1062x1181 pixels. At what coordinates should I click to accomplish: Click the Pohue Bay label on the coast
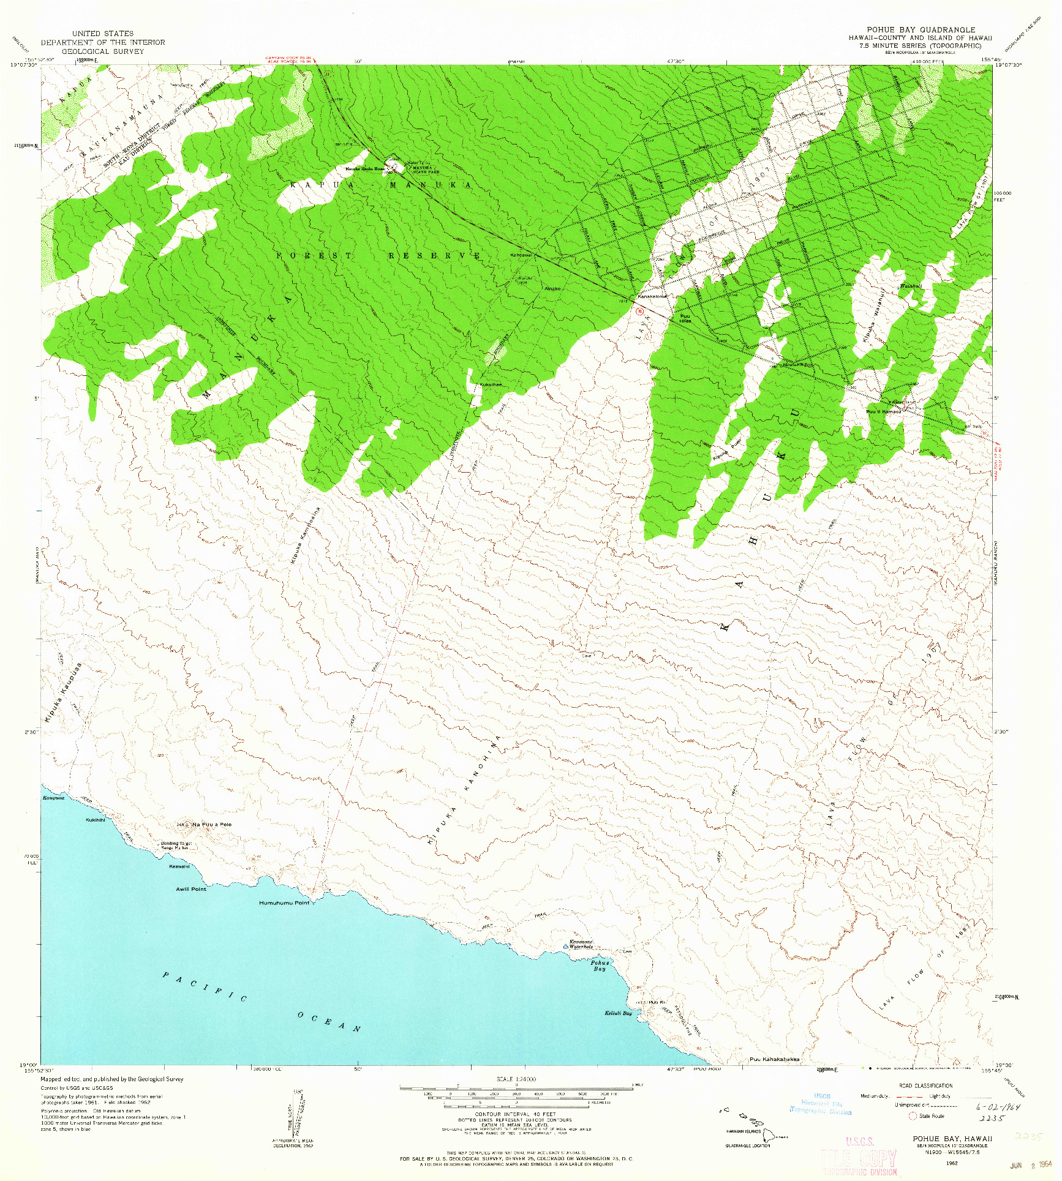coord(600,965)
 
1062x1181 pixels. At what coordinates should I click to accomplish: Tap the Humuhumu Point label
coord(284,903)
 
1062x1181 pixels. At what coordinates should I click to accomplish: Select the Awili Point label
coord(191,889)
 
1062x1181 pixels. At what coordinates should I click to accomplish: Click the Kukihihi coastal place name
coord(96,820)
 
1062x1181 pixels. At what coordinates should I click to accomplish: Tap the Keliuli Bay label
coord(618,1013)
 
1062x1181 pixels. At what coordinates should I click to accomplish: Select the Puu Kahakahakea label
coord(774,1059)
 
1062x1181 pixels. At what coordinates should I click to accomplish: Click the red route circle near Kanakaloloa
coord(640,311)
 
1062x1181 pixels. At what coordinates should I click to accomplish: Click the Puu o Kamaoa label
coord(883,411)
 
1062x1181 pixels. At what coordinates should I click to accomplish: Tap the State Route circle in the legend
coord(913,1116)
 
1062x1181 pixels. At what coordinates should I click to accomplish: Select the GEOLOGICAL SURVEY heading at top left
coord(103,51)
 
